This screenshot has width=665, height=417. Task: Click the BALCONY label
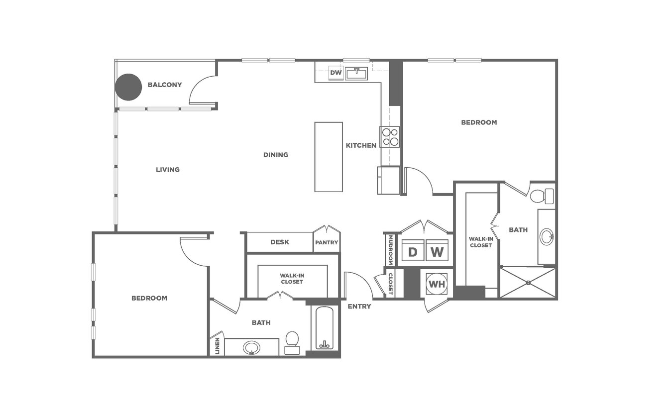pos(165,85)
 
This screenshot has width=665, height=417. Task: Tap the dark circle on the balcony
pos(128,87)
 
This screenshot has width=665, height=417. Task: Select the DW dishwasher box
pos(336,73)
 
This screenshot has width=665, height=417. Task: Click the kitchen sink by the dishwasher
pos(356,74)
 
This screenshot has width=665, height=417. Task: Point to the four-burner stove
pos(390,137)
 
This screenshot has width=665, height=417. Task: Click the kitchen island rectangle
pos(329,157)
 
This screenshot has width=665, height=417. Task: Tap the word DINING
pos(276,155)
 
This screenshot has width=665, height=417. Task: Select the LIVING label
pos(168,170)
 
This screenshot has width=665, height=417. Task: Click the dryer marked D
pos(413,250)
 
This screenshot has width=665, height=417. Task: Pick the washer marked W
pos(437,250)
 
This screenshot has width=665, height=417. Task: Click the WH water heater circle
pos(437,284)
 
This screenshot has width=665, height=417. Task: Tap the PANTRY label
pos(327,242)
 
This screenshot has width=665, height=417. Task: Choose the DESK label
pos(280,242)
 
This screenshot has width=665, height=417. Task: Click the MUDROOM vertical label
pos(390,250)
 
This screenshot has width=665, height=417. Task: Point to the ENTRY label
pos(359,307)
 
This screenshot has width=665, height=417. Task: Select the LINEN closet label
pos(218,346)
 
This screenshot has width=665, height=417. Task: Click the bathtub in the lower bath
pos(324,328)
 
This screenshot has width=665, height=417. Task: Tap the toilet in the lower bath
pos(292,343)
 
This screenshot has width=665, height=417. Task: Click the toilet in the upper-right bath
pos(542,196)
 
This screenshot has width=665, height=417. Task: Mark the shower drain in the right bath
pos(528,283)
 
